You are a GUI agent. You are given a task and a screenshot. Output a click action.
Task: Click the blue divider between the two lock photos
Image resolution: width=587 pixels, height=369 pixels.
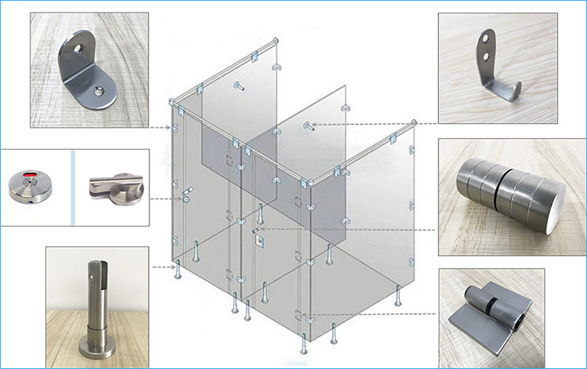point(73,187)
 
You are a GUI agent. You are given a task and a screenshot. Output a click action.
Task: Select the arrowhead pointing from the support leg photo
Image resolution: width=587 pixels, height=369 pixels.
point(173,267)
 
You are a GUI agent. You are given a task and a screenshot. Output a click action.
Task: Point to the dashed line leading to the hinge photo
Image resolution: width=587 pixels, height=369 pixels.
point(376,317)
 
